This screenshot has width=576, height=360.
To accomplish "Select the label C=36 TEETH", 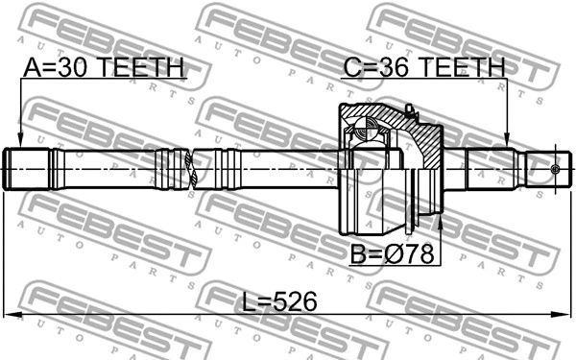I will (x=423, y=69).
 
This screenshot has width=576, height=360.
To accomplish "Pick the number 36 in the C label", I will (x=396, y=69).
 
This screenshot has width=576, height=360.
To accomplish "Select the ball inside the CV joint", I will (x=367, y=126).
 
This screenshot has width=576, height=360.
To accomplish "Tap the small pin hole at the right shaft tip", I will (x=554, y=170).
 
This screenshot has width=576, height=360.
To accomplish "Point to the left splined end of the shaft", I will (x=29, y=170).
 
